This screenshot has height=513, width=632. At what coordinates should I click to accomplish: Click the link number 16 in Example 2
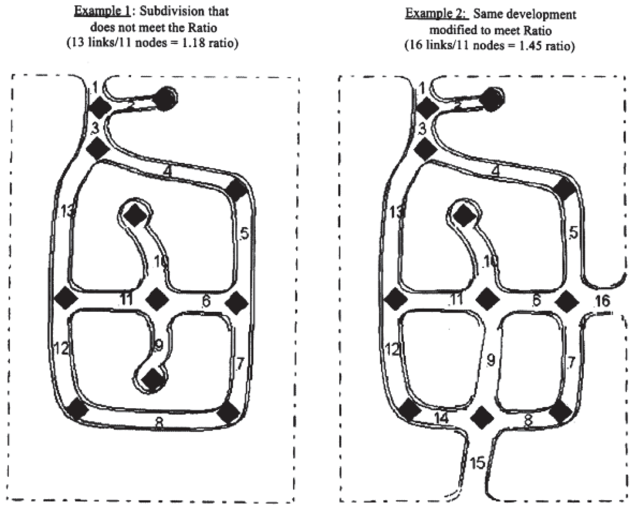pyautogui.click(x=603, y=301)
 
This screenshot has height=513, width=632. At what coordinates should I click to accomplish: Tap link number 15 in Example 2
pyautogui.click(x=478, y=463)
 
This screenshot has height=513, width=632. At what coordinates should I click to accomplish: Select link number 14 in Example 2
pyautogui.click(x=442, y=419)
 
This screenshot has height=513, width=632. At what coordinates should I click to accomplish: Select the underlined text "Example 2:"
pyautogui.click(x=437, y=13)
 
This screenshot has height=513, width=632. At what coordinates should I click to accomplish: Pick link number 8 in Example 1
pyautogui.click(x=159, y=423)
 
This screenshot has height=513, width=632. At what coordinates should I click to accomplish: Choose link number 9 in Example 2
pyautogui.click(x=491, y=360)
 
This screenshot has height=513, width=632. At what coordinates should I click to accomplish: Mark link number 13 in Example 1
pyautogui.click(x=67, y=211)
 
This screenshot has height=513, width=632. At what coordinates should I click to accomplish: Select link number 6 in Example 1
pyautogui.click(x=206, y=301)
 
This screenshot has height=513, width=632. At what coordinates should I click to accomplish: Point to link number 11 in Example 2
pyautogui.click(x=457, y=299)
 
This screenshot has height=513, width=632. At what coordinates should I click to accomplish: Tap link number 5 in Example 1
pyautogui.click(x=244, y=234)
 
